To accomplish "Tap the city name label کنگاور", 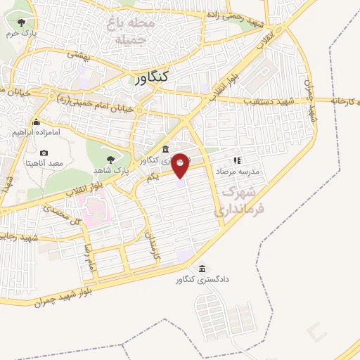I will click(x=154, y=79).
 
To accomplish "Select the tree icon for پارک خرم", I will click(x=29, y=23).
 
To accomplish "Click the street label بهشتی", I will click(x=78, y=56).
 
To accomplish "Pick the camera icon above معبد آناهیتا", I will click(x=44, y=153).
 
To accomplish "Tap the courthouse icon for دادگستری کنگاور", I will click(x=202, y=269).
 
